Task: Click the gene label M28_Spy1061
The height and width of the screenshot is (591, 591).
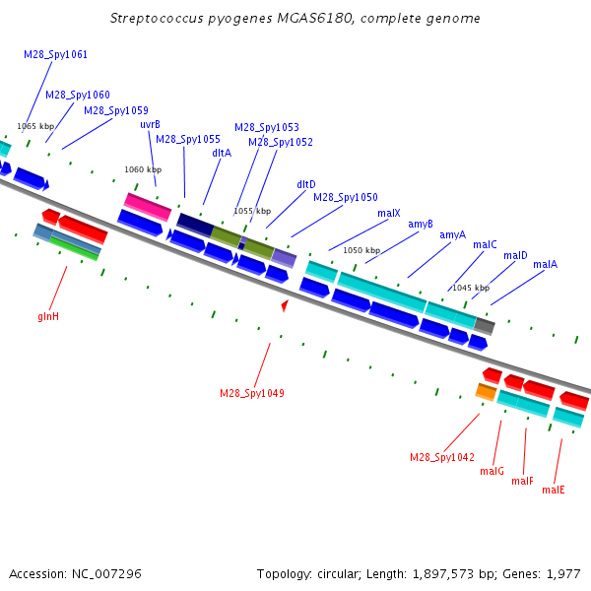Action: point(55,54)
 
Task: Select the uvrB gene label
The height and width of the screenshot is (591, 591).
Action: point(150,124)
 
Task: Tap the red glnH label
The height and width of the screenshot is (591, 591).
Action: point(48,316)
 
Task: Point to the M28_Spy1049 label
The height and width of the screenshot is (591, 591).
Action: point(252,393)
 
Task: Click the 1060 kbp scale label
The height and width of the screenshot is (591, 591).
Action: point(143,169)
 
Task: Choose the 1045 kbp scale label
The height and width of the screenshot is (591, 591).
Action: point(471,288)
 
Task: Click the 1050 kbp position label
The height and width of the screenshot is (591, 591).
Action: point(361,250)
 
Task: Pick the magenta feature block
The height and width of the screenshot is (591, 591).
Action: point(148,207)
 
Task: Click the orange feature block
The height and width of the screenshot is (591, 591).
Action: point(485,392)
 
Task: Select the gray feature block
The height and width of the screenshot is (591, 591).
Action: point(485,326)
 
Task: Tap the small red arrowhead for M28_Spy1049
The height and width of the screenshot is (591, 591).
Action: point(285,305)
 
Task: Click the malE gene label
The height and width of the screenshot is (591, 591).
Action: point(554,490)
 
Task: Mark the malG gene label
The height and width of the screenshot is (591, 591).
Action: point(492,471)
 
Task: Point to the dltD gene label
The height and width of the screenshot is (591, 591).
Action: point(306,184)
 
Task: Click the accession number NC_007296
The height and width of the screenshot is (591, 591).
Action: point(106,573)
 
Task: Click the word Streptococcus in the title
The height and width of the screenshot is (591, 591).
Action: point(157,18)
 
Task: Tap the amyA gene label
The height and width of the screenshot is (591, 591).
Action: point(453,234)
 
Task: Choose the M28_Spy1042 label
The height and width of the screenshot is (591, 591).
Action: point(442,457)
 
